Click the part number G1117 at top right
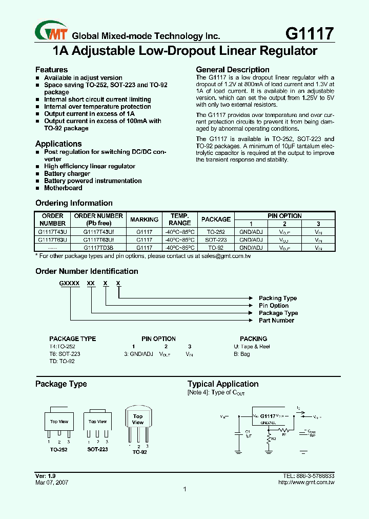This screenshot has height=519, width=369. (x=309, y=33)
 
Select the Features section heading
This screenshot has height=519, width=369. (x=51, y=70)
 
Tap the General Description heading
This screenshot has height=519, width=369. (x=233, y=70)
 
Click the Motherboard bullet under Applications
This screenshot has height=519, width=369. (x=63, y=188)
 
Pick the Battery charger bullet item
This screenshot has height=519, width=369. (x=67, y=174)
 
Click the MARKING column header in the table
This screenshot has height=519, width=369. (x=144, y=219)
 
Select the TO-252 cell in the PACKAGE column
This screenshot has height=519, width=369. (x=216, y=232)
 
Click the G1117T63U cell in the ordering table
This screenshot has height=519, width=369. (x=52, y=239)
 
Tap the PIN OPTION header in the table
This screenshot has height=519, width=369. (x=284, y=216)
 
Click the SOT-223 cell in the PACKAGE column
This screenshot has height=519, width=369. (x=216, y=239)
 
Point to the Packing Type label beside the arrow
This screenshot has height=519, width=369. (x=278, y=298)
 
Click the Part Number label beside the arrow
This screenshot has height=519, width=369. (x=276, y=321)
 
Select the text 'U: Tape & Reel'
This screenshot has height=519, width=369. (x=252, y=347)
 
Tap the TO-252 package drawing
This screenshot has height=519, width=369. (x=59, y=422)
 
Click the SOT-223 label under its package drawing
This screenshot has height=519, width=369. (x=97, y=449)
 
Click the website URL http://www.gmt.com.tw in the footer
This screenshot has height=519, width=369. (x=306, y=483)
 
